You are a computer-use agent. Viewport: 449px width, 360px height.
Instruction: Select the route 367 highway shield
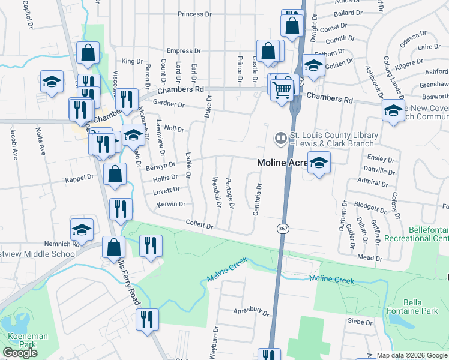[x=283, y=229]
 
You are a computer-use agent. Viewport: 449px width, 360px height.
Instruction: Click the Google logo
[x=20, y=353]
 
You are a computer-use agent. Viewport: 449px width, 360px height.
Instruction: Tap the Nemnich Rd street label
[x=62, y=244]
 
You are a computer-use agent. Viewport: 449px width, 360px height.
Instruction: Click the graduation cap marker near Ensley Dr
[x=319, y=162]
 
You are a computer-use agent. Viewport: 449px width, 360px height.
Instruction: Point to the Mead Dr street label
[x=369, y=257]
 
